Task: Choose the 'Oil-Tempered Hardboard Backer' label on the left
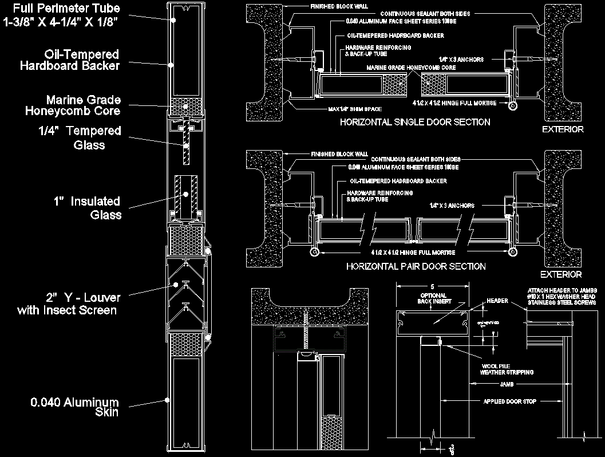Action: tap(70, 60)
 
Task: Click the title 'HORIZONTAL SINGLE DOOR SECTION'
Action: tap(415, 122)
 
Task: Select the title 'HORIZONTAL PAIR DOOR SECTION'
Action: tap(416, 266)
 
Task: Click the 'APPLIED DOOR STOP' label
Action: tap(509, 401)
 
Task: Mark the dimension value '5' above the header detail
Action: tap(433, 287)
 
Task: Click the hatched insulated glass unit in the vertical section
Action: tap(185, 195)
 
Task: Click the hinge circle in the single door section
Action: tap(513, 105)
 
